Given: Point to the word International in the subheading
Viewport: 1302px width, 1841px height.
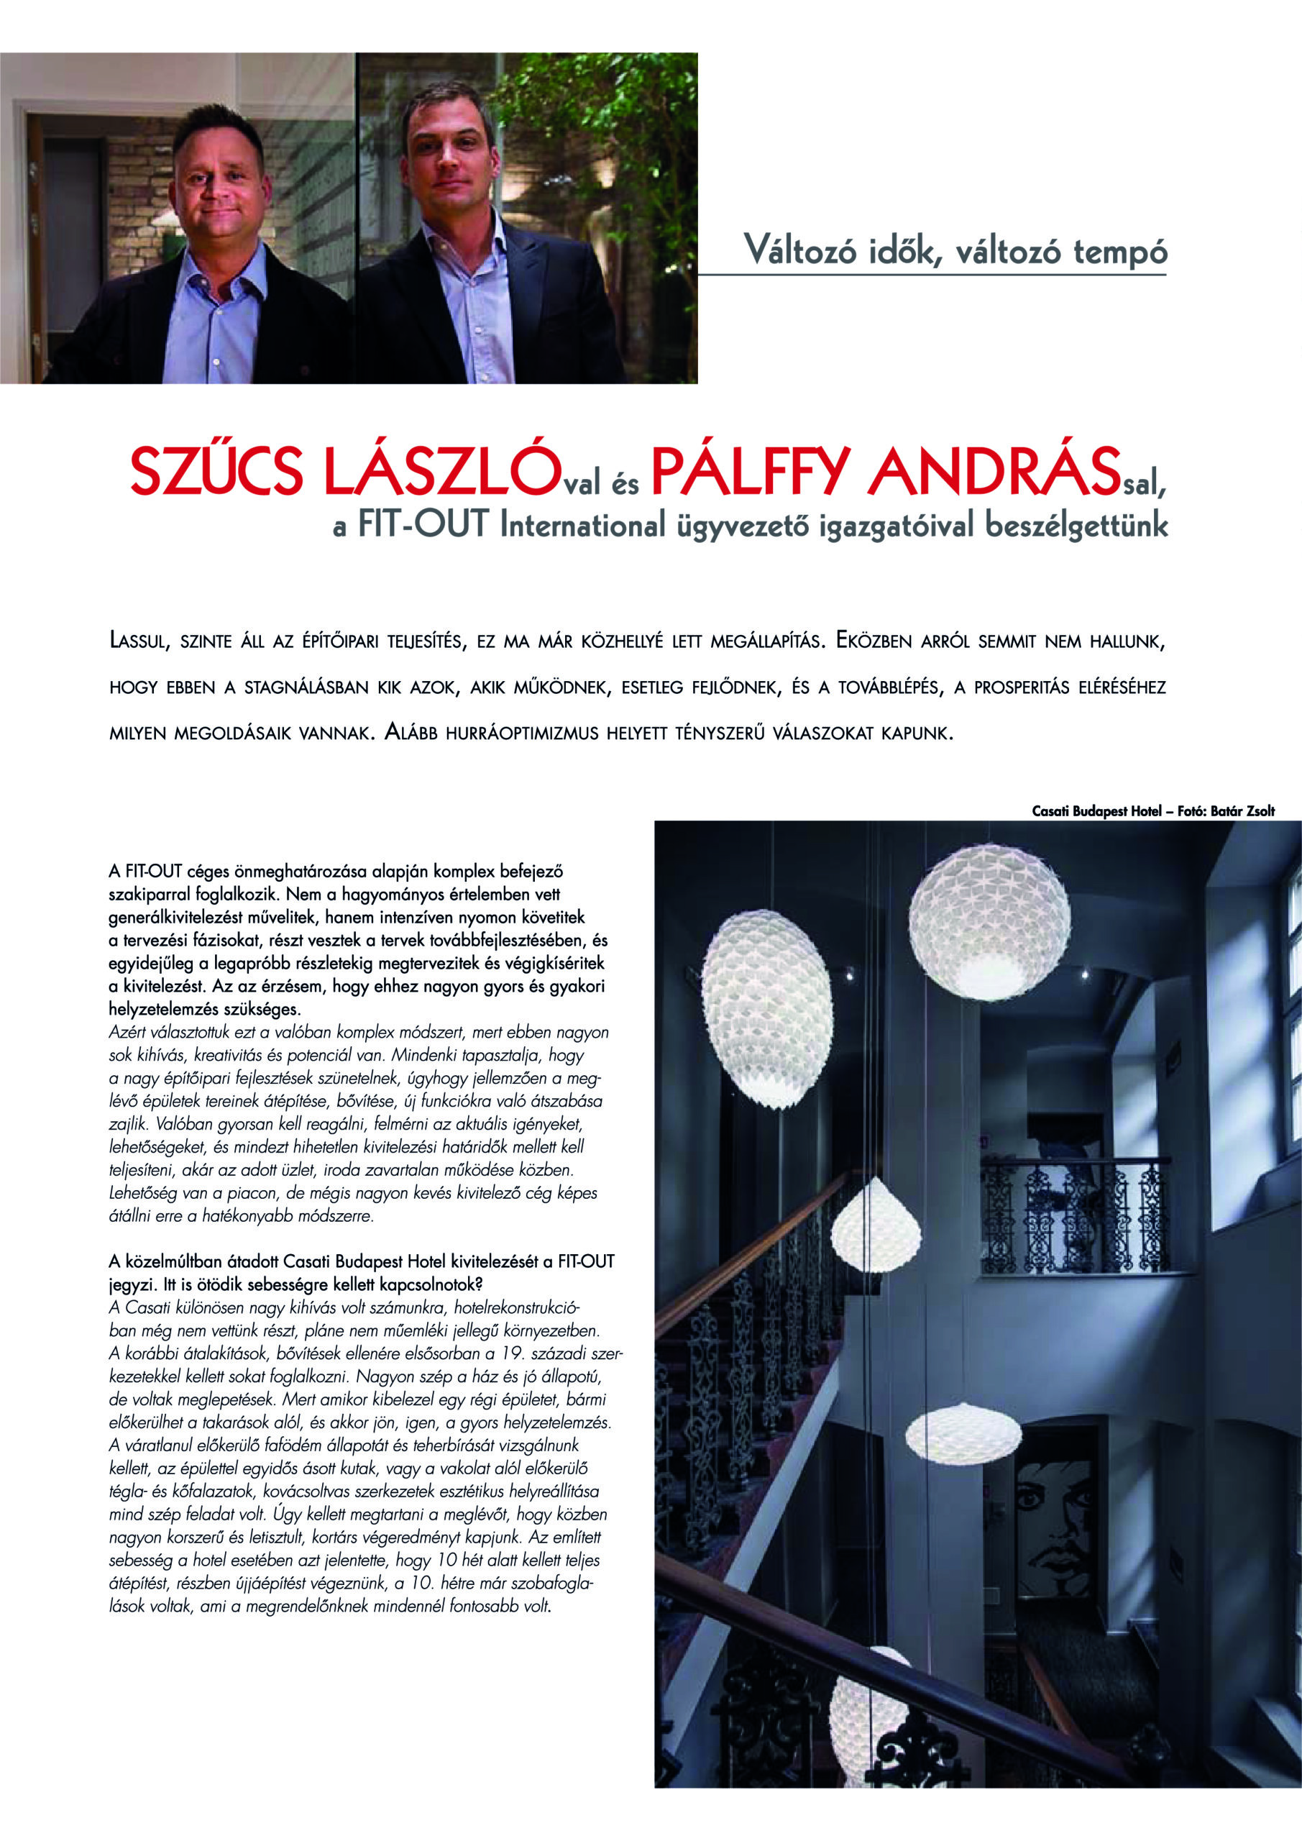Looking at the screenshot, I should point(582,524).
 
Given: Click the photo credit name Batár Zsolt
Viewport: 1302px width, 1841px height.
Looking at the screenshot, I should point(1242,811).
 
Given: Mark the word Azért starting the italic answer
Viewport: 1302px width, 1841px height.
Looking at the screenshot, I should point(127,1033).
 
